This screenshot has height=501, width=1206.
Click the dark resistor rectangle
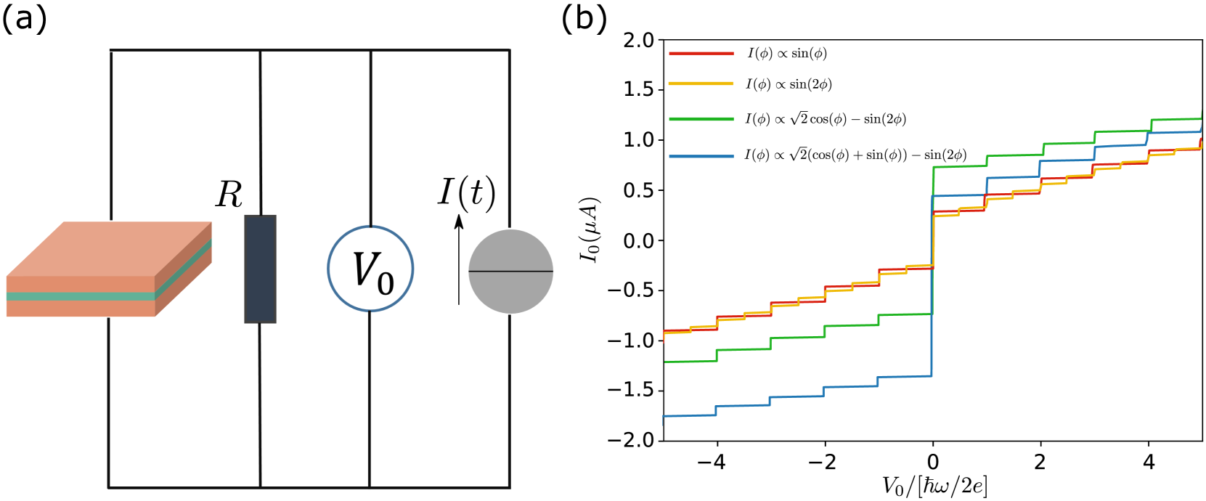(x=260, y=269)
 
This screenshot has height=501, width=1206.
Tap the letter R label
(x=229, y=195)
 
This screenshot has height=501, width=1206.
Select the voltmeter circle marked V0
(x=370, y=269)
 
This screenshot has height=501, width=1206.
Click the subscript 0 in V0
(x=386, y=283)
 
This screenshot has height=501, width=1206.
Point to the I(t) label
(x=467, y=193)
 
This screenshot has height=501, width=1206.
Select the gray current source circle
(x=510, y=272)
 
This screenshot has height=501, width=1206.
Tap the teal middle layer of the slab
(x=80, y=296)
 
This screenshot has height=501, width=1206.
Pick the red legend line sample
(x=701, y=54)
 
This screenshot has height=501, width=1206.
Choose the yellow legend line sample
(x=701, y=83)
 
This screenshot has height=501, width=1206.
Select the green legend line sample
(x=701, y=119)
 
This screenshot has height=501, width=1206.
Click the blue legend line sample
(x=701, y=156)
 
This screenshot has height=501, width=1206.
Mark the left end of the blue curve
(x=664, y=417)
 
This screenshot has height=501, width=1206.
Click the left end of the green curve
(x=665, y=361)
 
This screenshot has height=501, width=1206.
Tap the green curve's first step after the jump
(x=987, y=155)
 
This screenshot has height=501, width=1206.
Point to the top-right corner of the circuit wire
(x=509, y=51)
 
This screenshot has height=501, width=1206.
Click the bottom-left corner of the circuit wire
(x=109, y=486)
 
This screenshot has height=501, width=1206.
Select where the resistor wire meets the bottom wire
(x=260, y=486)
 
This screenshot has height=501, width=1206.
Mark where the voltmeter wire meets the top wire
(x=371, y=51)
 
